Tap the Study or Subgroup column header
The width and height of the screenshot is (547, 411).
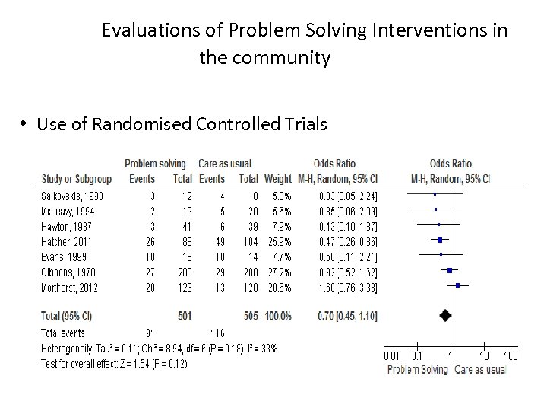pos(76,179)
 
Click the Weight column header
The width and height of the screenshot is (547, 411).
pos(277,179)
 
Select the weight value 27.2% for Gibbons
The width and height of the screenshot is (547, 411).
pos(278,271)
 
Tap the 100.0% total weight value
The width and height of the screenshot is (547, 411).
pos(279,314)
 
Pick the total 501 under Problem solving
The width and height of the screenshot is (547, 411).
pos(183,314)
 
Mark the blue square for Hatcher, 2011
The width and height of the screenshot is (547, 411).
pos(440,241)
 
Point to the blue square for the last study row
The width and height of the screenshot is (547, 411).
pos(457,285)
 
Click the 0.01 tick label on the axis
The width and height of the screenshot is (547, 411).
pos(391,355)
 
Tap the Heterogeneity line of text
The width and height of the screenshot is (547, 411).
pos(160,348)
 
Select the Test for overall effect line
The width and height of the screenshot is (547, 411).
pos(114,363)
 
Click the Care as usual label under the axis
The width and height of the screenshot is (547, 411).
pos(480,370)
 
